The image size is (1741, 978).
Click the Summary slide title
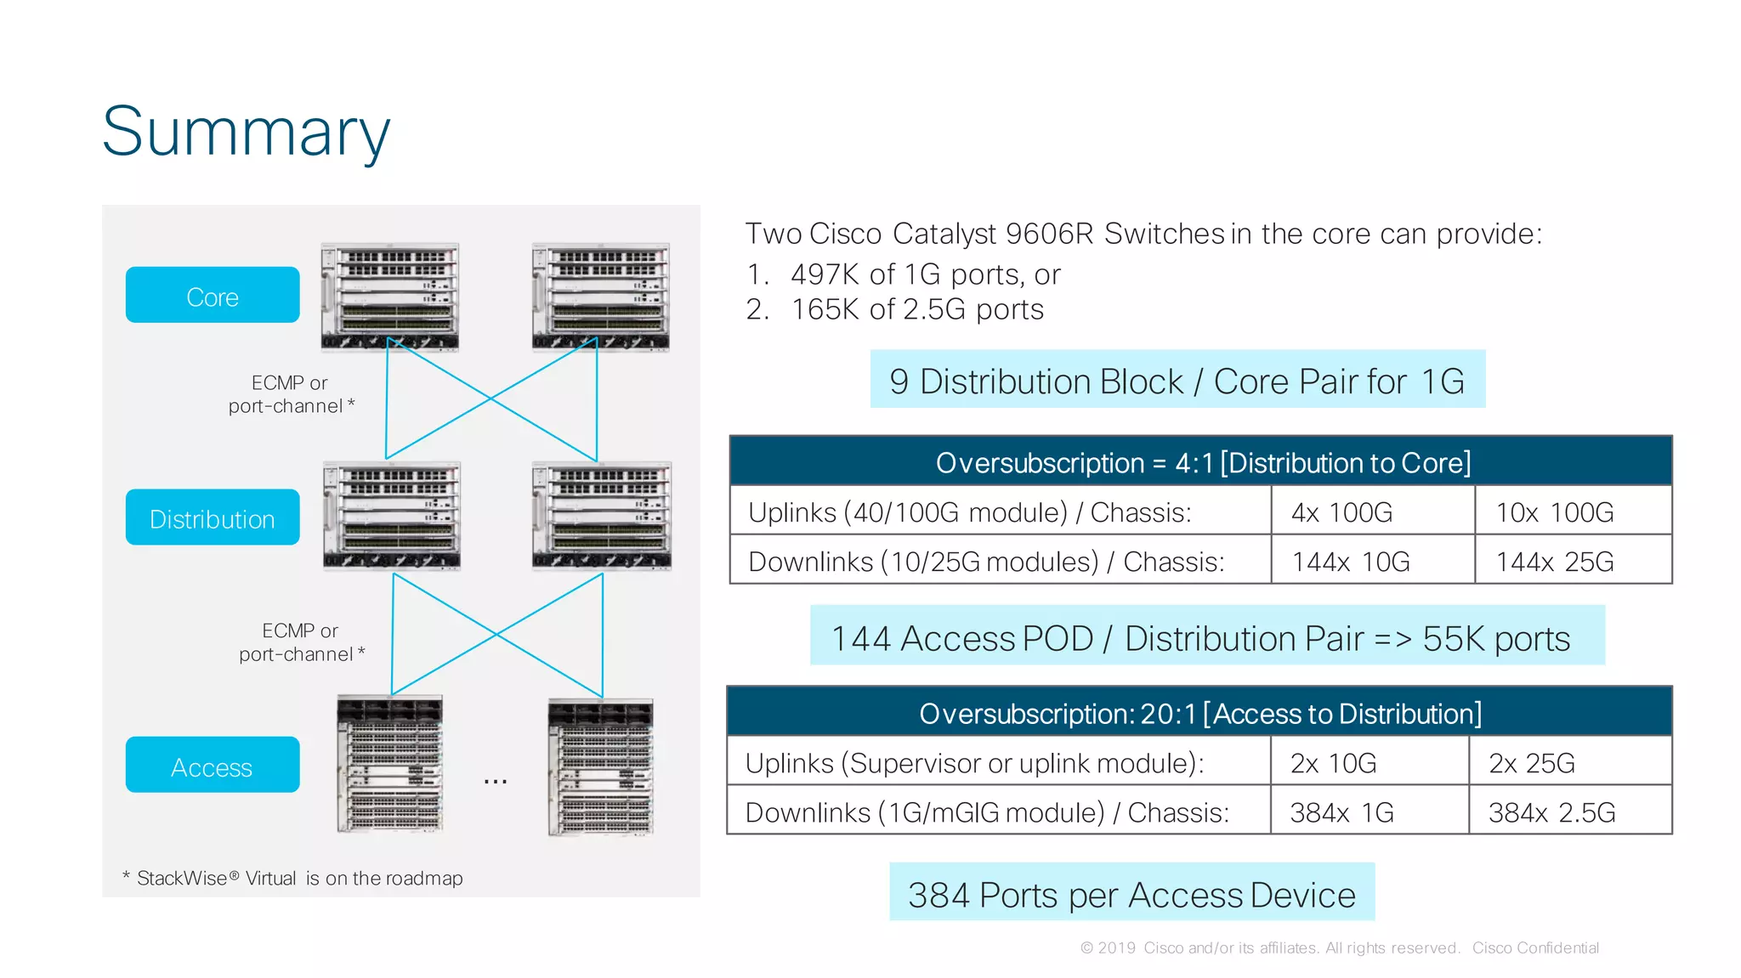(246, 132)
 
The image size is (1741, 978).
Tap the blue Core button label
(213, 296)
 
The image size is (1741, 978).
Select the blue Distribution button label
(213, 517)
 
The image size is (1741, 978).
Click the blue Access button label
(213, 766)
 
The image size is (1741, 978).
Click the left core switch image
(390, 297)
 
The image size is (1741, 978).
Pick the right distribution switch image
(602, 516)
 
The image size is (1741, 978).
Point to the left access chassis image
(390, 764)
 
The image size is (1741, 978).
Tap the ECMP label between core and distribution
(290, 394)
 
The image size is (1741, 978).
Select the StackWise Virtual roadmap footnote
(293, 879)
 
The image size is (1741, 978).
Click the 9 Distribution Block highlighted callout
(1177, 380)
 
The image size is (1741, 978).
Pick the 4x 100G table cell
(1341, 512)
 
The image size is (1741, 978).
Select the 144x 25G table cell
(1554, 562)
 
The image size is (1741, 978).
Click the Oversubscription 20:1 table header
(1199, 713)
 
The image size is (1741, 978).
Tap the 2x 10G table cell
(1333, 763)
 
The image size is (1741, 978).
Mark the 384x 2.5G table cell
(1551, 812)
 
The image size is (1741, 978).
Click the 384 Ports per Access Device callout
(1131, 893)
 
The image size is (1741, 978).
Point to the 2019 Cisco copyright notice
(1339, 947)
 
